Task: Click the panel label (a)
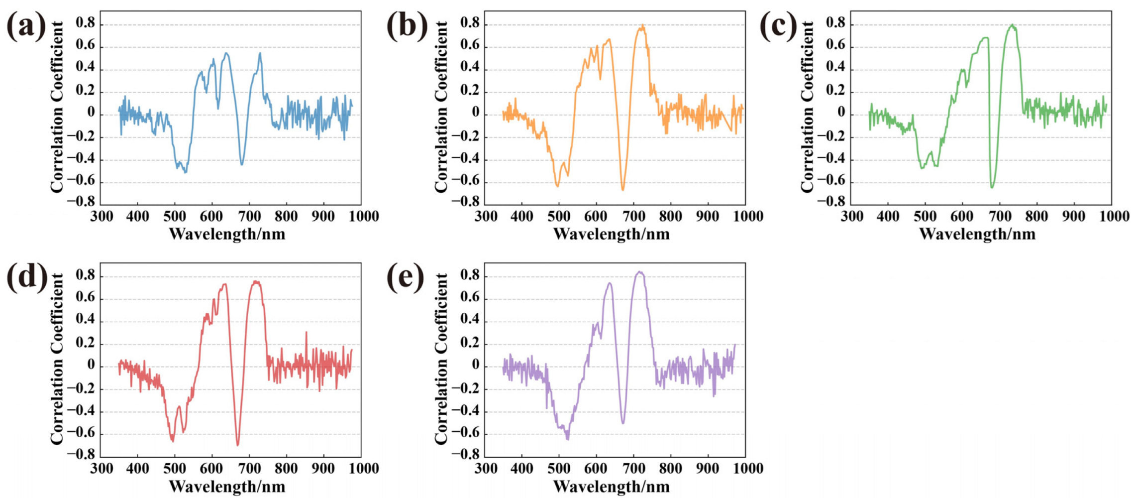click(26, 26)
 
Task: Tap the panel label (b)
click(407, 26)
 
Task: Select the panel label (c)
click(778, 26)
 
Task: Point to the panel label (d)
click(27, 277)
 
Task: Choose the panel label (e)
click(406, 277)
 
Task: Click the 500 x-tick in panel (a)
click(174, 217)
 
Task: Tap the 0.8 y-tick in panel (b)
click(470, 23)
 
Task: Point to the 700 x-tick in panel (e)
click(633, 469)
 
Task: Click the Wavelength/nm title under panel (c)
click(977, 234)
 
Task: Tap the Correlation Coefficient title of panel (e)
click(441, 359)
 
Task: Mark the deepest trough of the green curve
click(992, 187)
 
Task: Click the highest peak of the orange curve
click(642, 25)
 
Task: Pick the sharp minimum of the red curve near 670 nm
click(238, 445)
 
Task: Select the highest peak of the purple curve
click(640, 272)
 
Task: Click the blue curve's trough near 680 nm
click(242, 164)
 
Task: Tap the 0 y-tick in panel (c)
click(841, 113)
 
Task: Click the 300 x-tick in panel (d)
click(102, 469)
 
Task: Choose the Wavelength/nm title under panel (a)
click(227, 234)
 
